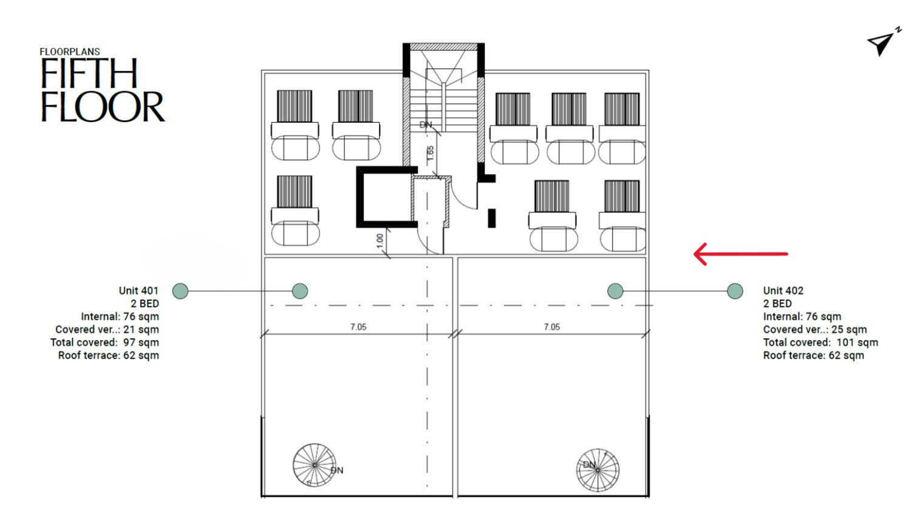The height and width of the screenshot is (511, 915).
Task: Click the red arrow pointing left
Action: click(x=741, y=254)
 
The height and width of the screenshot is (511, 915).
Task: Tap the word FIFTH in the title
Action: click(x=89, y=73)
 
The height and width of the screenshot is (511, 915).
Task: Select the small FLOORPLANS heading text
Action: click(x=70, y=52)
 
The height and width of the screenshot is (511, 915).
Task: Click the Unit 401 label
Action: click(x=138, y=291)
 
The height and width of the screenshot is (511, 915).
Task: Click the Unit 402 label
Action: click(x=783, y=291)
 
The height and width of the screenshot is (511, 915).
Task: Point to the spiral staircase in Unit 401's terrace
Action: click(x=314, y=465)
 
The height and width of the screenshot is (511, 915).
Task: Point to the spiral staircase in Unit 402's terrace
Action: click(x=598, y=470)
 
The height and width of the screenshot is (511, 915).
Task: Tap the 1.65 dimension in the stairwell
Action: click(x=430, y=153)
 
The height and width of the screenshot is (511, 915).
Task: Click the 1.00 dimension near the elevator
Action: click(x=380, y=240)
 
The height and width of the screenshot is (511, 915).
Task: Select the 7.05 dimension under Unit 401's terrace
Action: click(x=358, y=327)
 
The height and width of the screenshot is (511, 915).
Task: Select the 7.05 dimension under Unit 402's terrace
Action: click(x=552, y=327)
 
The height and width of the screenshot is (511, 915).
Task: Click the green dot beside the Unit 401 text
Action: click(x=180, y=291)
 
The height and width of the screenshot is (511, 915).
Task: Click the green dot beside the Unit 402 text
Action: click(x=735, y=291)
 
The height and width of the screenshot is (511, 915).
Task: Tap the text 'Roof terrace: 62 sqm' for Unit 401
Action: click(x=109, y=356)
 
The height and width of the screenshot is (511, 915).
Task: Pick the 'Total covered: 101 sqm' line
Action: click(x=820, y=342)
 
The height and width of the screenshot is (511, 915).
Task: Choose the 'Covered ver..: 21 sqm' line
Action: click(x=107, y=329)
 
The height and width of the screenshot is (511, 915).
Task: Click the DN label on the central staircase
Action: click(x=425, y=124)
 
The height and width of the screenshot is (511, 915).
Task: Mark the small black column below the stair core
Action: click(x=492, y=218)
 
